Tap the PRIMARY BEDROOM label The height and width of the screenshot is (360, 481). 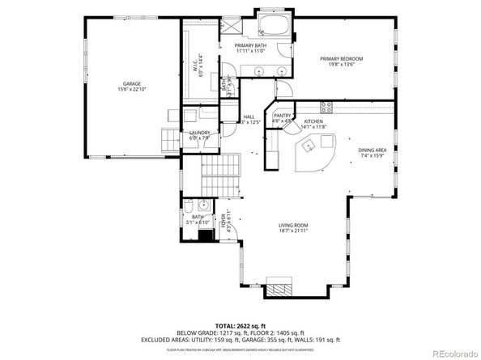pos(341,59)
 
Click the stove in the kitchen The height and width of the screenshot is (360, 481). pos(328,107)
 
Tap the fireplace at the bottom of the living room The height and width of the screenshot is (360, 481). pos(282,288)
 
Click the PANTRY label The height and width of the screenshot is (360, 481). pos(282,116)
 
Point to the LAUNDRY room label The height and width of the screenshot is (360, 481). pos(200,133)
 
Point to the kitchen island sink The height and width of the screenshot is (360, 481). pos(309,146)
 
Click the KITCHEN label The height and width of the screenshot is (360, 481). pos(313,121)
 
